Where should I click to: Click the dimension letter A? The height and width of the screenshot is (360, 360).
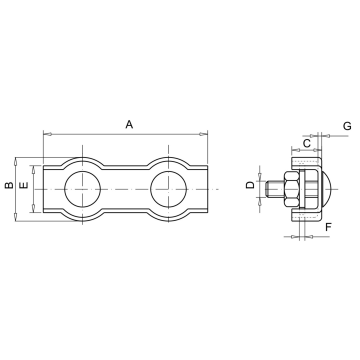129,125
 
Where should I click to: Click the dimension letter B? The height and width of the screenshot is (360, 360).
9,185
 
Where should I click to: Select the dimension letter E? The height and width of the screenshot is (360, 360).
24,185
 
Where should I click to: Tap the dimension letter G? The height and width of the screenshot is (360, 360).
347,126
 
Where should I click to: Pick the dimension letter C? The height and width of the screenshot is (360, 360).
307,143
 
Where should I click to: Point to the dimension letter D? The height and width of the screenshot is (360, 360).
250,185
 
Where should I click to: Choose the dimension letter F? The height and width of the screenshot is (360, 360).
328,227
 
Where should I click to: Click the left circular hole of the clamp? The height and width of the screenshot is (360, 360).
82,189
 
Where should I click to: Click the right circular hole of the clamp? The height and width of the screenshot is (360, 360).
168,189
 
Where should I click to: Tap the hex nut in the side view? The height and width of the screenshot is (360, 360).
291,189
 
